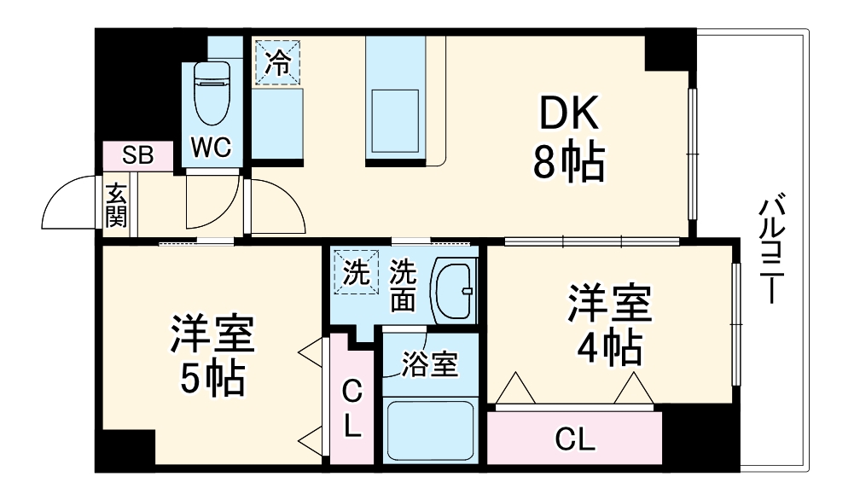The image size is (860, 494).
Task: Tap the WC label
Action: (x=210, y=148)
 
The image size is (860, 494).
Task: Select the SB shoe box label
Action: (x=137, y=155)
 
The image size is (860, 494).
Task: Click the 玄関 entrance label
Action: (x=116, y=205)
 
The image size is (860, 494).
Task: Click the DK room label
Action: (x=569, y=113)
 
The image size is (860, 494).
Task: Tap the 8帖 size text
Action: (x=569, y=161)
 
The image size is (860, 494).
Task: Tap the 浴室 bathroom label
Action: (x=430, y=365)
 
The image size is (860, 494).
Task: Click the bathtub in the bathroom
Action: (x=429, y=431)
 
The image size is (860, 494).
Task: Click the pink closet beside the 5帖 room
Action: (x=352, y=410)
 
